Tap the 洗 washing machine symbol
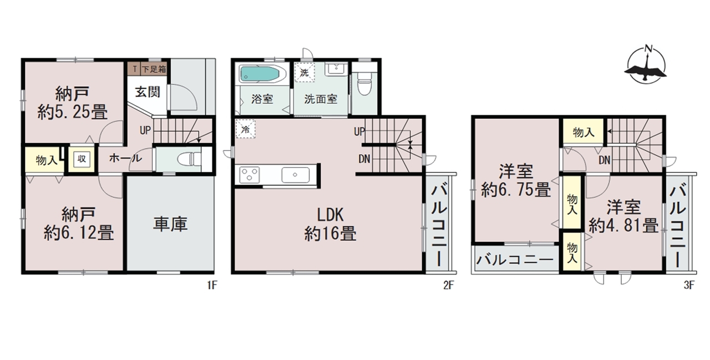point(305,73)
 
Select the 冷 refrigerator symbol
point(245,129)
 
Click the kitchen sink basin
point(296,175)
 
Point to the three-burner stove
point(250,175)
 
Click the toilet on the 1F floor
point(190,159)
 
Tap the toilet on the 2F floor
point(364,85)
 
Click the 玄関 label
point(148,92)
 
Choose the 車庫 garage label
point(170,224)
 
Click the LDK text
point(330,215)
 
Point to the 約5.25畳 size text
point(73,112)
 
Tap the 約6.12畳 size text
point(79,233)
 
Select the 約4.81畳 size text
point(623,226)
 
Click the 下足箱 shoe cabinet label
point(154,69)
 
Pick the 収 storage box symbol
point(82,159)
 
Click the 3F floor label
point(689,286)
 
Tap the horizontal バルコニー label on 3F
point(515,260)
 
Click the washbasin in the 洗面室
point(336,69)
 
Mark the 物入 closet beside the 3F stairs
point(584,132)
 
